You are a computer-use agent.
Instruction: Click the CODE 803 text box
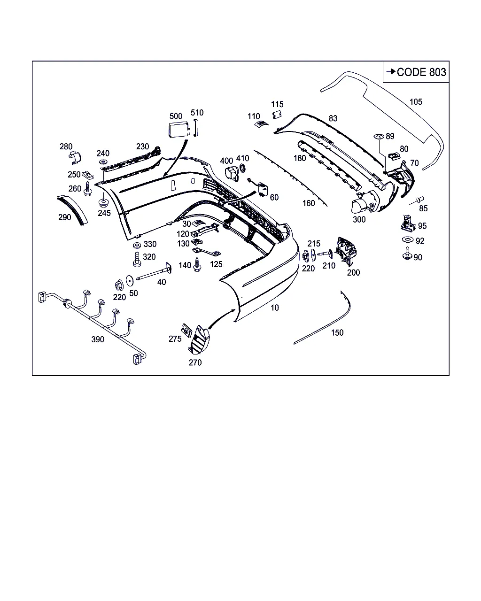click(416, 72)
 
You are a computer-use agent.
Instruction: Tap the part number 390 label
click(98, 339)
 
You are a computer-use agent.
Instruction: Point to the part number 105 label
click(416, 101)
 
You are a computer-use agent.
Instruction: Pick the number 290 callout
click(65, 217)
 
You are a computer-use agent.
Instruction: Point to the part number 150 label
click(337, 332)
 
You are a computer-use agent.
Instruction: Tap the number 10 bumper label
click(275, 308)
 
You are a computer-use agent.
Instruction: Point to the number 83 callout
click(333, 118)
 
